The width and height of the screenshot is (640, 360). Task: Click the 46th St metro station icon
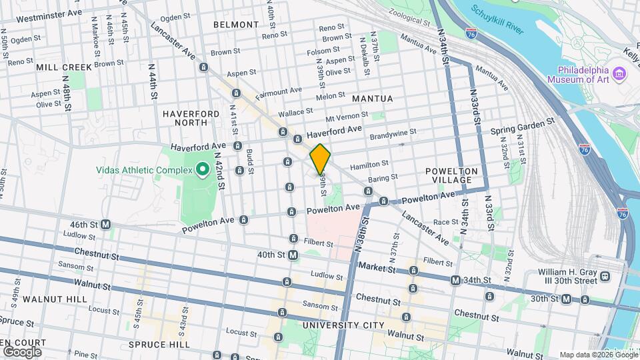coord(106,225)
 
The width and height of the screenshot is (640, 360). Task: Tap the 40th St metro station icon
coord(293,255)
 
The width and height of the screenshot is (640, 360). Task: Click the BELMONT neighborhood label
coord(236,25)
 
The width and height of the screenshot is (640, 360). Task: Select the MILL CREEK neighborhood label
coord(64,67)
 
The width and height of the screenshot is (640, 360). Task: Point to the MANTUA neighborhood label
coord(372,99)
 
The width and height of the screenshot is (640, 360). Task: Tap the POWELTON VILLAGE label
coord(452,176)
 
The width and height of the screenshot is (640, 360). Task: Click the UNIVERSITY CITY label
coord(343,325)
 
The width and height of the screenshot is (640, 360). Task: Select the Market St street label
coord(372,267)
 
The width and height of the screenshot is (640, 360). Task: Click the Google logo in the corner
coord(21,351)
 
